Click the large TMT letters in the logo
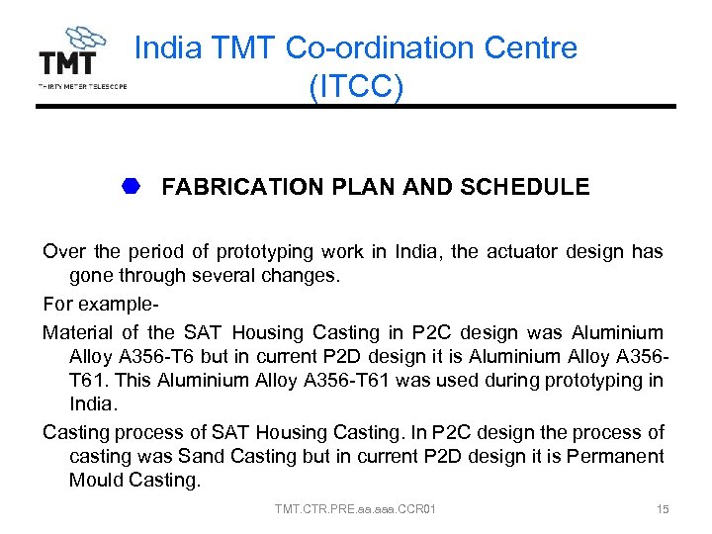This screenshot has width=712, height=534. pos(67,63)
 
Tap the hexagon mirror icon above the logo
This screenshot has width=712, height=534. pos(85,41)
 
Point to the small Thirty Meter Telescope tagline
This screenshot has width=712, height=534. pos(82,86)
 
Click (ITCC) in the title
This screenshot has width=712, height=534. pos(355,87)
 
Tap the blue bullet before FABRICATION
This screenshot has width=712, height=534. pos(133,186)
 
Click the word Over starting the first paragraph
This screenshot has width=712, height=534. pos(62,252)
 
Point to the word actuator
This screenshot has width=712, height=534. pos(512,252)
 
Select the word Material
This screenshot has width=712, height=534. pos(79,333)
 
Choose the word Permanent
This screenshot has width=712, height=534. pos(612,457)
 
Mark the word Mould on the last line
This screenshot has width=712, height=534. pos(96,481)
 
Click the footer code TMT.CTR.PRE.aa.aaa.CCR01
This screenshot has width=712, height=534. pos(355,509)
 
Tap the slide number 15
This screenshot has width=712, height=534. pos(663,509)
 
